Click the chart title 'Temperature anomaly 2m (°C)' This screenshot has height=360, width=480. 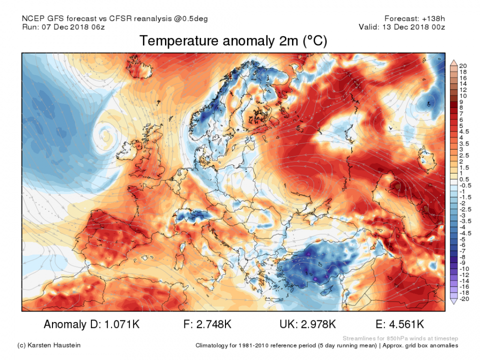[233, 41]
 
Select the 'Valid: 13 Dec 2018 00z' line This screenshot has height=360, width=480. [401, 27]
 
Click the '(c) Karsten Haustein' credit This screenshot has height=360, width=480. [48, 345]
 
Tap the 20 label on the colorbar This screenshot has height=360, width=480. [463, 66]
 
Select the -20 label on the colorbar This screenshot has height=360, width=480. [463, 298]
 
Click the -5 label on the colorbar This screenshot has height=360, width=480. [463, 239]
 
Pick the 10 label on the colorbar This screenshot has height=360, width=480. [463, 95]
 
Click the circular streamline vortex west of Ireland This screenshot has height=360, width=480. [106, 133]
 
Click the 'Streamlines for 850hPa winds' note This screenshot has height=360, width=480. [400, 338]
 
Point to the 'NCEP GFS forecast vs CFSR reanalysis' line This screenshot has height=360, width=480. [115, 18]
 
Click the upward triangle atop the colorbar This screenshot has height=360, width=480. [454, 62]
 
